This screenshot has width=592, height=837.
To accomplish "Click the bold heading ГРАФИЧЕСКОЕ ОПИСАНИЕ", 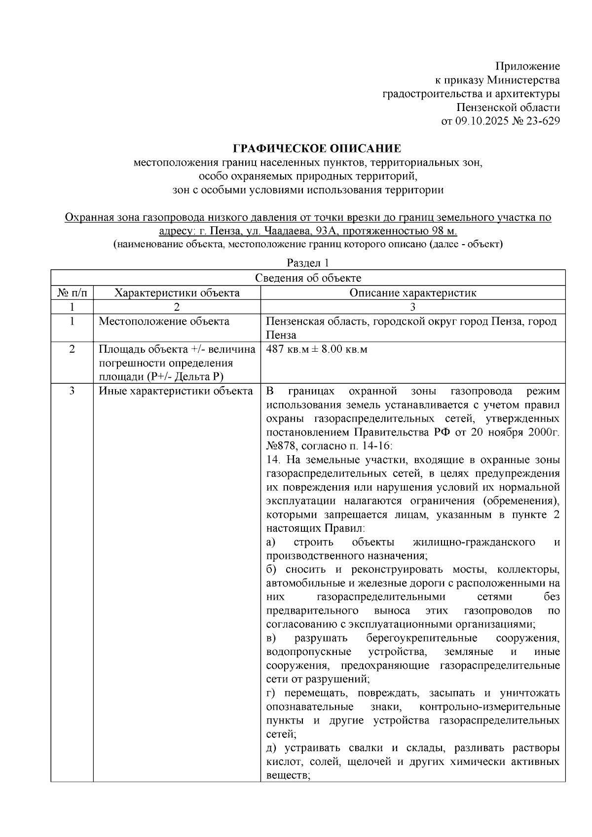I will [317, 148].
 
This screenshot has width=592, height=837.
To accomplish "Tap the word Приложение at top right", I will [527, 66].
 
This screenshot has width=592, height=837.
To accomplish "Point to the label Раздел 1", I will [307, 263].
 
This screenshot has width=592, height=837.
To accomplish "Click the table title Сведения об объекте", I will [308, 278].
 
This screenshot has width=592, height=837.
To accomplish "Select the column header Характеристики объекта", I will [177, 292].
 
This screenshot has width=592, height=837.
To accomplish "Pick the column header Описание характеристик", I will [412, 292].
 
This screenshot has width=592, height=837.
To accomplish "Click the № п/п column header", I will [72, 292].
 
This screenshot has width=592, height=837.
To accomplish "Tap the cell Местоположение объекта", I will [164, 322].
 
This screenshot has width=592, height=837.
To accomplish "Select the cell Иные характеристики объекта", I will [176, 392].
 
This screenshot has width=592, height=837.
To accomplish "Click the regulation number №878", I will [280, 446].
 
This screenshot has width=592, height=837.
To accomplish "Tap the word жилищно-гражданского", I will [474, 542].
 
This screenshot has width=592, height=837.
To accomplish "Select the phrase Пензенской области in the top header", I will [508, 108].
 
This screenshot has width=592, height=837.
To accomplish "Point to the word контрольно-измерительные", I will [489, 707].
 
